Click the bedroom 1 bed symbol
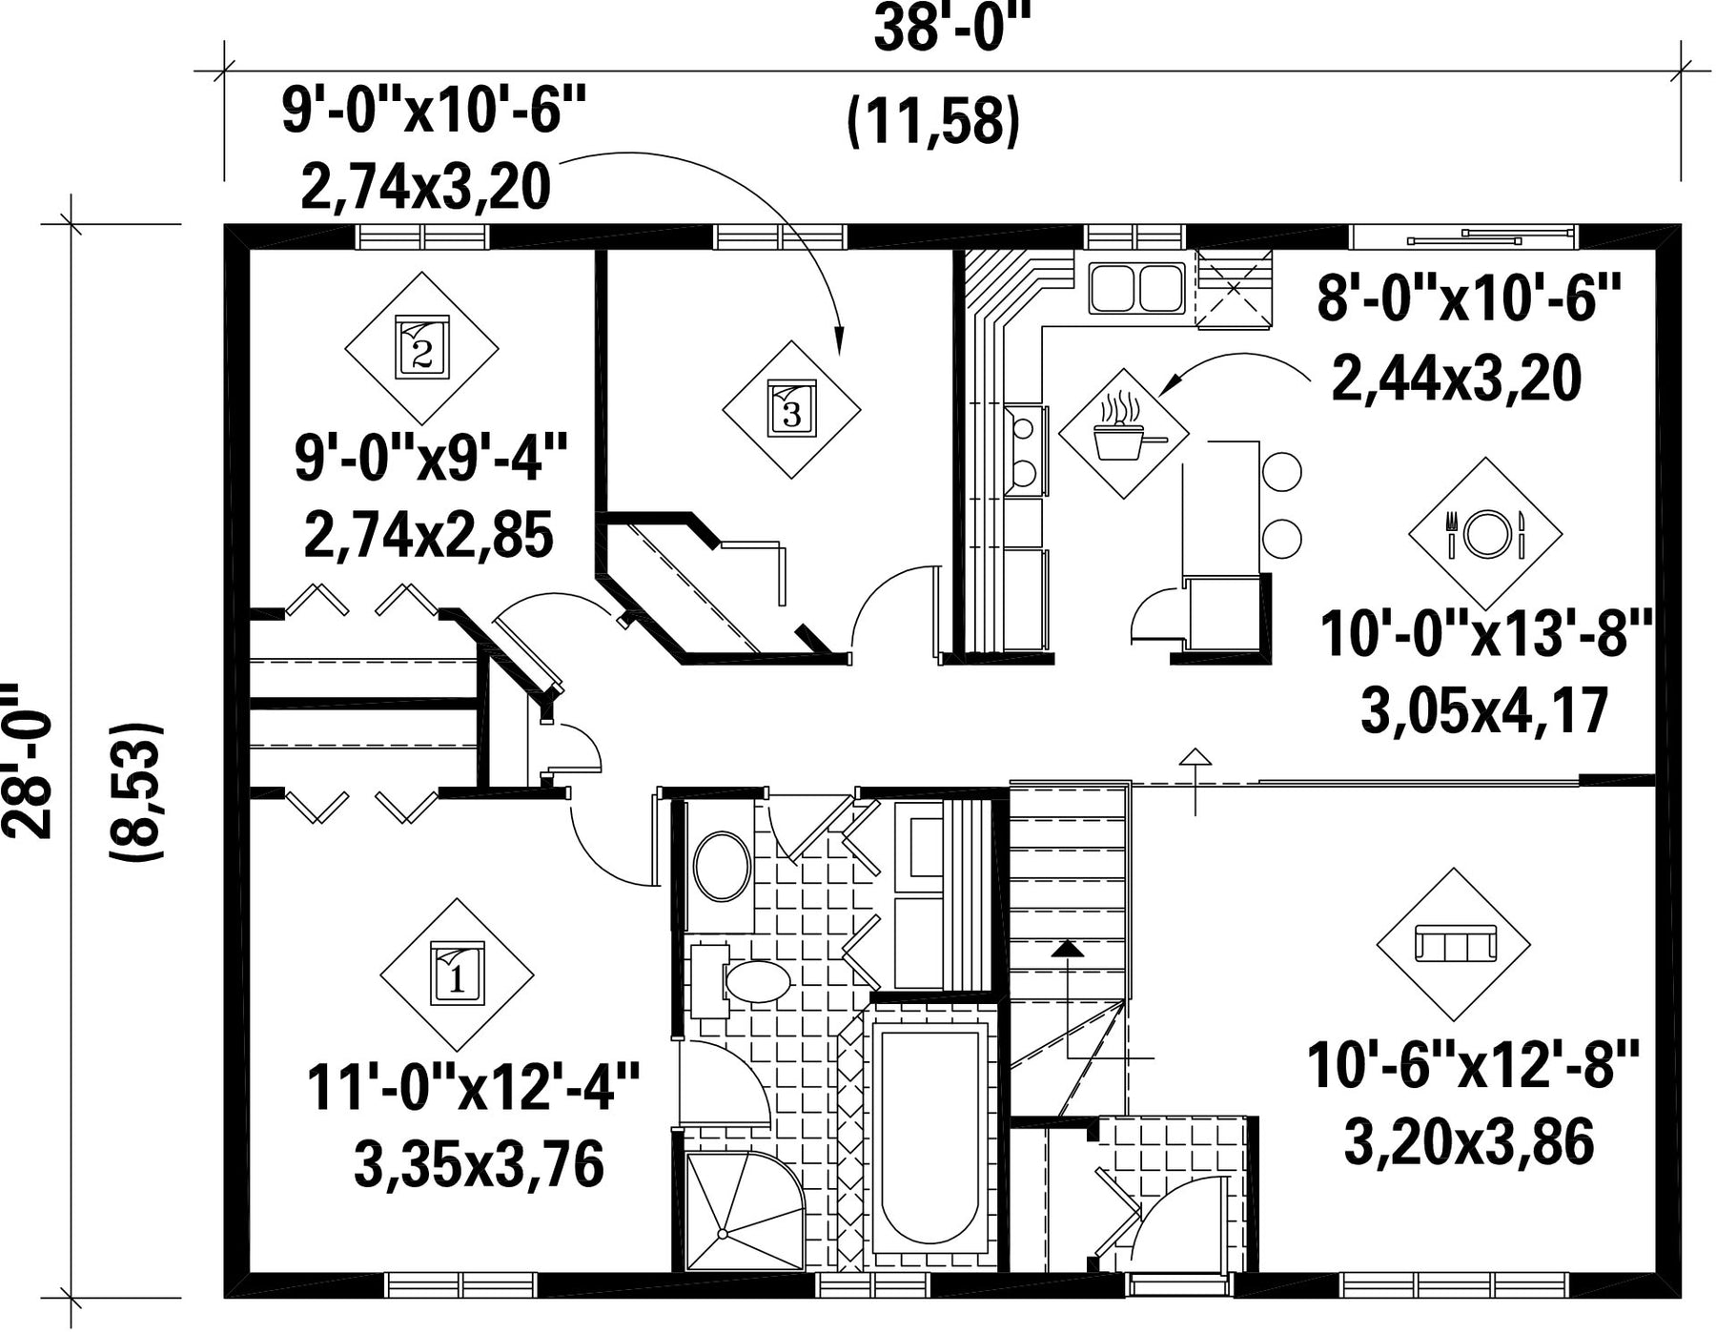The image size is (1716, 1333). click(457, 974)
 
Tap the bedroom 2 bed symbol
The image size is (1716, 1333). click(421, 348)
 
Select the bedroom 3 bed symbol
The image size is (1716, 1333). click(791, 409)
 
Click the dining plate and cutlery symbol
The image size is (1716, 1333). click(1485, 534)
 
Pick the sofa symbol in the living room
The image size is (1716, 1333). click(1453, 945)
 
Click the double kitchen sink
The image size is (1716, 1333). click(1135, 288)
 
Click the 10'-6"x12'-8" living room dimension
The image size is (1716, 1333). click(1473, 1065)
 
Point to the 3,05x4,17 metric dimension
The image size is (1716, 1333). click(1485, 711)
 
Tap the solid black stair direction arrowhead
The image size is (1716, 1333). click(1068, 949)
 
